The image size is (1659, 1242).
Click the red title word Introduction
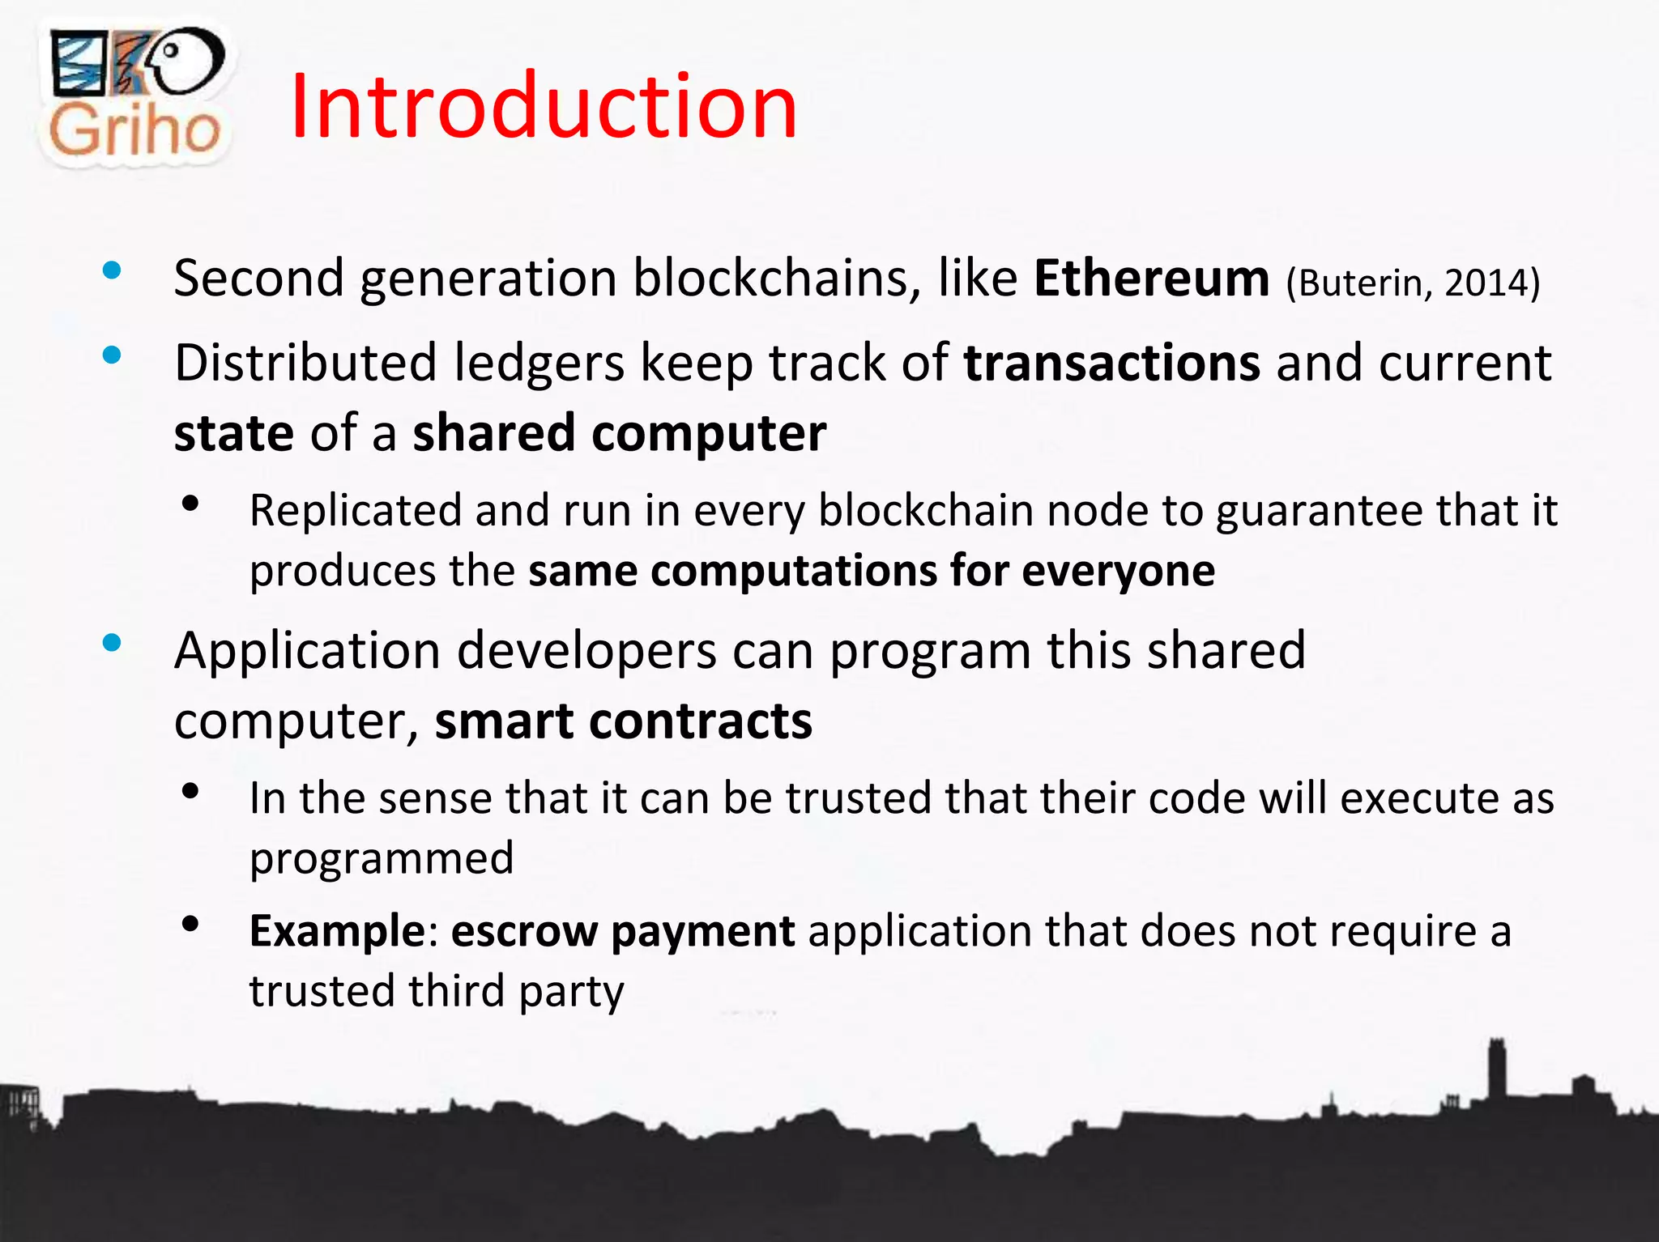[x=544, y=107]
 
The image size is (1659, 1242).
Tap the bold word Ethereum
[x=1151, y=279]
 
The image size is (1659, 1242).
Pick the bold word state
[x=233, y=432]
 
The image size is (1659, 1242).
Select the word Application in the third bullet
[x=308, y=650]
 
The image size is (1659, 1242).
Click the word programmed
[x=382, y=858]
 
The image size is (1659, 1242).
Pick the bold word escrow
[x=523, y=931]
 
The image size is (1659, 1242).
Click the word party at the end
[x=572, y=992]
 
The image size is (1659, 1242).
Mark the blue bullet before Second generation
[x=112, y=271]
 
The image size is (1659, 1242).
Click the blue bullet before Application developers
[x=112, y=644]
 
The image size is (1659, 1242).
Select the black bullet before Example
[x=191, y=924]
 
